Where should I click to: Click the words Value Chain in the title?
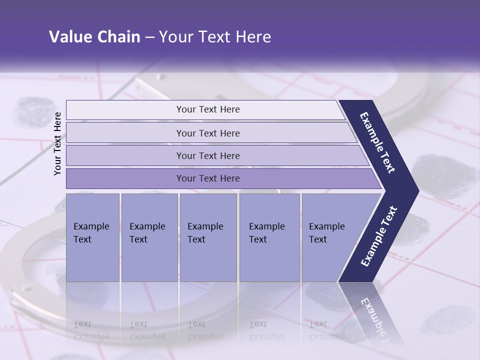click(94, 37)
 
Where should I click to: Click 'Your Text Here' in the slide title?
click(215, 37)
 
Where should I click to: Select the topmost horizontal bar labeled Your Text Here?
click(208, 109)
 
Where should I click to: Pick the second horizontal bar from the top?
click(208, 133)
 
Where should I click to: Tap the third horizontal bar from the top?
click(208, 155)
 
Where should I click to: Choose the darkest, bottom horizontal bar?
click(208, 178)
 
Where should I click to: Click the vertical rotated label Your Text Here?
click(57, 143)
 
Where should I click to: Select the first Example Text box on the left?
click(92, 237)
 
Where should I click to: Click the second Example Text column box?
click(149, 237)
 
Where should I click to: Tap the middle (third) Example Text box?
click(208, 237)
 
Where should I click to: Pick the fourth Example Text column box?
click(269, 237)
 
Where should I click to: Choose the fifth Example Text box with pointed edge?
click(330, 237)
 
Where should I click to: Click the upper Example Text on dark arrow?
click(377, 142)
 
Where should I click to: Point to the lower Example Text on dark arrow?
click(379, 236)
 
